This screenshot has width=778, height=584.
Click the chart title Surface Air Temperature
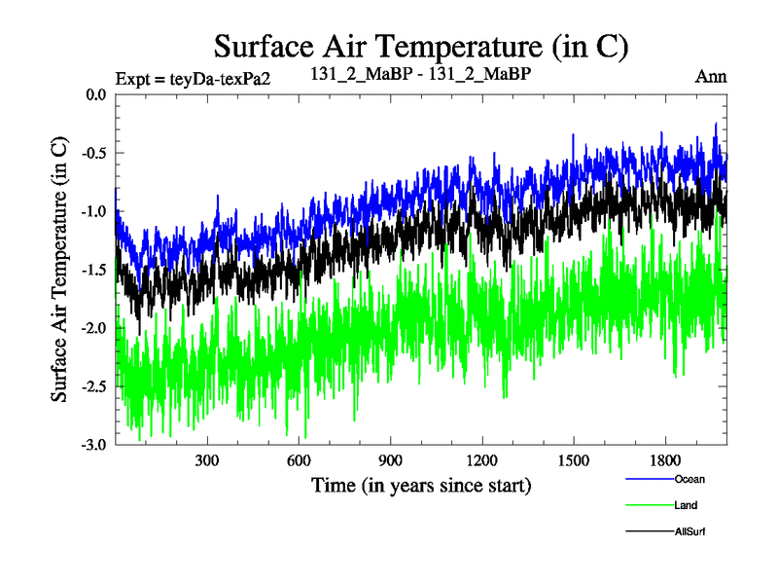pos(421,46)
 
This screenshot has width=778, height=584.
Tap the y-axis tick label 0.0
pos(95,95)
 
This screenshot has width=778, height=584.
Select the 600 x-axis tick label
pos(299,460)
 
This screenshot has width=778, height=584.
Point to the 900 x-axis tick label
pos(390,460)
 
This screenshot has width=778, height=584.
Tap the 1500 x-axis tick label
pos(573,460)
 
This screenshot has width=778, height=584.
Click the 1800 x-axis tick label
pos(664,460)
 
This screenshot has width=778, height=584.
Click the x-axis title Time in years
pos(421,485)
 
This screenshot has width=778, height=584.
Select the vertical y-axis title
pos(60,270)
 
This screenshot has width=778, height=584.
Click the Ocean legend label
pos(690,479)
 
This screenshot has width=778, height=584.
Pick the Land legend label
pos(686,505)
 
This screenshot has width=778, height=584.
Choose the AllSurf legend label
pos(689,531)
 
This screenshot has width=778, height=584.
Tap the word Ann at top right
pos(711,76)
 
